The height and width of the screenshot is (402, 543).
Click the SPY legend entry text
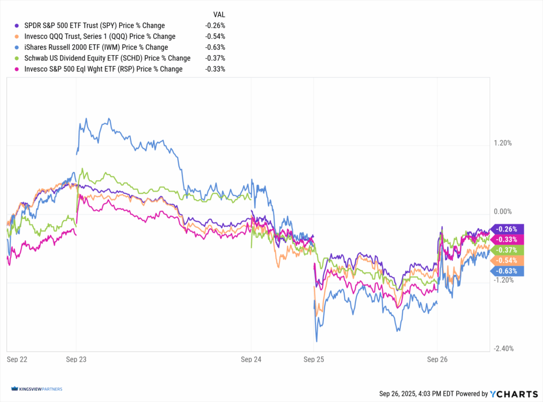click(x=94, y=25)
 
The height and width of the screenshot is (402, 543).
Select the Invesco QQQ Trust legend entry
click(x=100, y=37)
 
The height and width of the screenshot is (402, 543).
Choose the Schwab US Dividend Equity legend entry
click(x=107, y=58)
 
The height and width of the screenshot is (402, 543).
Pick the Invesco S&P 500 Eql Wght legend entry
click(x=103, y=69)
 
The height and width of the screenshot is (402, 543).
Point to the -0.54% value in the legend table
click(x=215, y=37)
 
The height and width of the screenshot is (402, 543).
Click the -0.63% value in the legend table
click(x=215, y=47)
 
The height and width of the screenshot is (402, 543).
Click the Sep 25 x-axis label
click(x=313, y=360)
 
